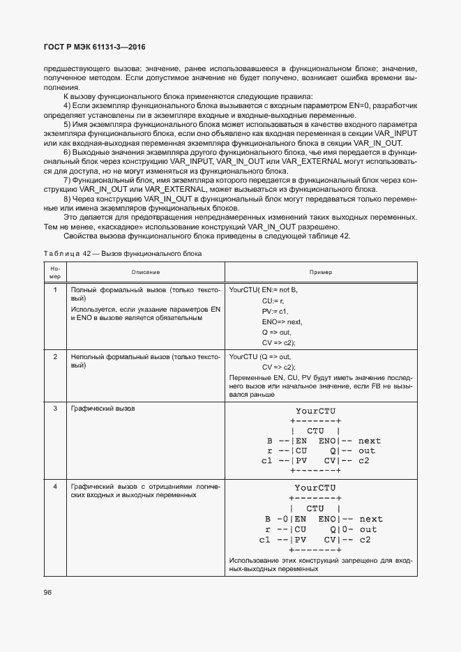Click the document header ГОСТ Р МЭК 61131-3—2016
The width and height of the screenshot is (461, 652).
(x=94, y=47)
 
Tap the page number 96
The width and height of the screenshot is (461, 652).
(x=48, y=592)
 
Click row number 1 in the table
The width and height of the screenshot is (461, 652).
(x=54, y=289)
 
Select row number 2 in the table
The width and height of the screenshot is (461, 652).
(x=54, y=357)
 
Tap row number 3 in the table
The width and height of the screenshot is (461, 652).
(x=54, y=408)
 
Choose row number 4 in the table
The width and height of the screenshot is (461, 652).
(x=54, y=486)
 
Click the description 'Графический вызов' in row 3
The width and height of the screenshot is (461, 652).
(x=103, y=408)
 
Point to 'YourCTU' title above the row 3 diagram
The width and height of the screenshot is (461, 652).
(x=316, y=411)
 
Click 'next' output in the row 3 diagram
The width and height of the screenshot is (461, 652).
(x=370, y=441)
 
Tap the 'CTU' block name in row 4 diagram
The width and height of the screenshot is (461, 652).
(x=315, y=508)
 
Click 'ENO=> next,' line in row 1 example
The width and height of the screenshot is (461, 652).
(x=282, y=322)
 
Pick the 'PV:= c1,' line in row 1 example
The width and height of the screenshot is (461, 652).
(x=275, y=311)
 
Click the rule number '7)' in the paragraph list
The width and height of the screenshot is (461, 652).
(x=68, y=180)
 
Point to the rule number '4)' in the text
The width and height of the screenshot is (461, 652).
(x=68, y=105)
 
